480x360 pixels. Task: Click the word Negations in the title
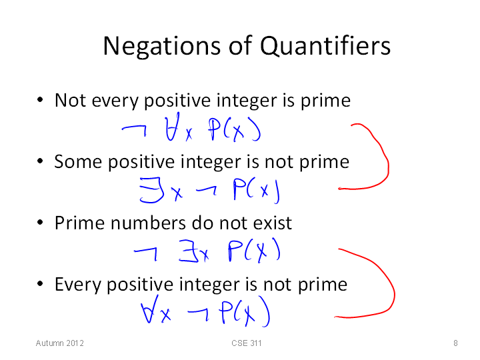click(x=161, y=46)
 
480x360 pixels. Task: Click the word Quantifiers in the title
click(x=325, y=45)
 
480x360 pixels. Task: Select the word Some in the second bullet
click(x=78, y=161)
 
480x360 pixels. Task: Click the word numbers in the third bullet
click(x=148, y=223)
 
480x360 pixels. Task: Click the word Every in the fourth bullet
click(x=78, y=285)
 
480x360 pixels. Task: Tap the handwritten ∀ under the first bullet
click(x=172, y=127)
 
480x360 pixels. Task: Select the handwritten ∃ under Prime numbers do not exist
click(x=189, y=251)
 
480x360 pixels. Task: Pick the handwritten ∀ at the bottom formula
click(x=150, y=309)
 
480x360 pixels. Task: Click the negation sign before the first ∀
click(x=135, y=130)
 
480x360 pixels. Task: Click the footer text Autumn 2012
click(x=60, y=343)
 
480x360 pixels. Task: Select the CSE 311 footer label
click(x=247, y=343)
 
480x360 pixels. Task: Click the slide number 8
click(x=455, y=343)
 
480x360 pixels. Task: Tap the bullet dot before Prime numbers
click(x=40, y=222)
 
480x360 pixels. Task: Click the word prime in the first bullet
click(x=325, y=101)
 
